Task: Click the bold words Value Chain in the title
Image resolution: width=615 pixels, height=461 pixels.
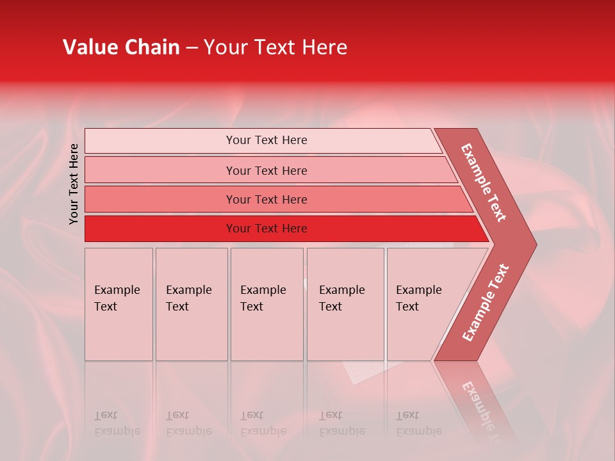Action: click(121, 47)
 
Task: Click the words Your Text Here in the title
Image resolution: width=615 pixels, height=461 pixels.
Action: click(275, 47)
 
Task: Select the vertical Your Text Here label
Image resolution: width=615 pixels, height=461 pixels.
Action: click(74, 184)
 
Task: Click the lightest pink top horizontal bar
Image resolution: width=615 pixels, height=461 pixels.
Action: click(266, 140)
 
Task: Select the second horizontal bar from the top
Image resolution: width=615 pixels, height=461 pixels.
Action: click(266, 170)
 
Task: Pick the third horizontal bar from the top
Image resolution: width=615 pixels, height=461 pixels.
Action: click(266, 199)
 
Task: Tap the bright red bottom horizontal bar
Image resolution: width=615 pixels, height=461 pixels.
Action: click(266, 229)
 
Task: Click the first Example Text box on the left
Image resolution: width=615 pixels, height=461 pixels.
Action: click(119, 303)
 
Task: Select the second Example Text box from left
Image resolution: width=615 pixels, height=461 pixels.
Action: click(191, 303)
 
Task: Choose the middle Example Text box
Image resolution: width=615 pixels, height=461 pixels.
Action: click(266, 303)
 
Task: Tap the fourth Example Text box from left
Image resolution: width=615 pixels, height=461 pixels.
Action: click(345, 303)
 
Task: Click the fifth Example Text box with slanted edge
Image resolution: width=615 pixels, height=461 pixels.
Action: click(423, 303)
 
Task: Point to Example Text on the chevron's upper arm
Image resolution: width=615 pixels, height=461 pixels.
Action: click(484, 182)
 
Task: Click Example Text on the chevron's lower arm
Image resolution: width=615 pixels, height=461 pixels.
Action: click(485, 303)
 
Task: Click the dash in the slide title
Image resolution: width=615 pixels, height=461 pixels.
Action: click(192, 47)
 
